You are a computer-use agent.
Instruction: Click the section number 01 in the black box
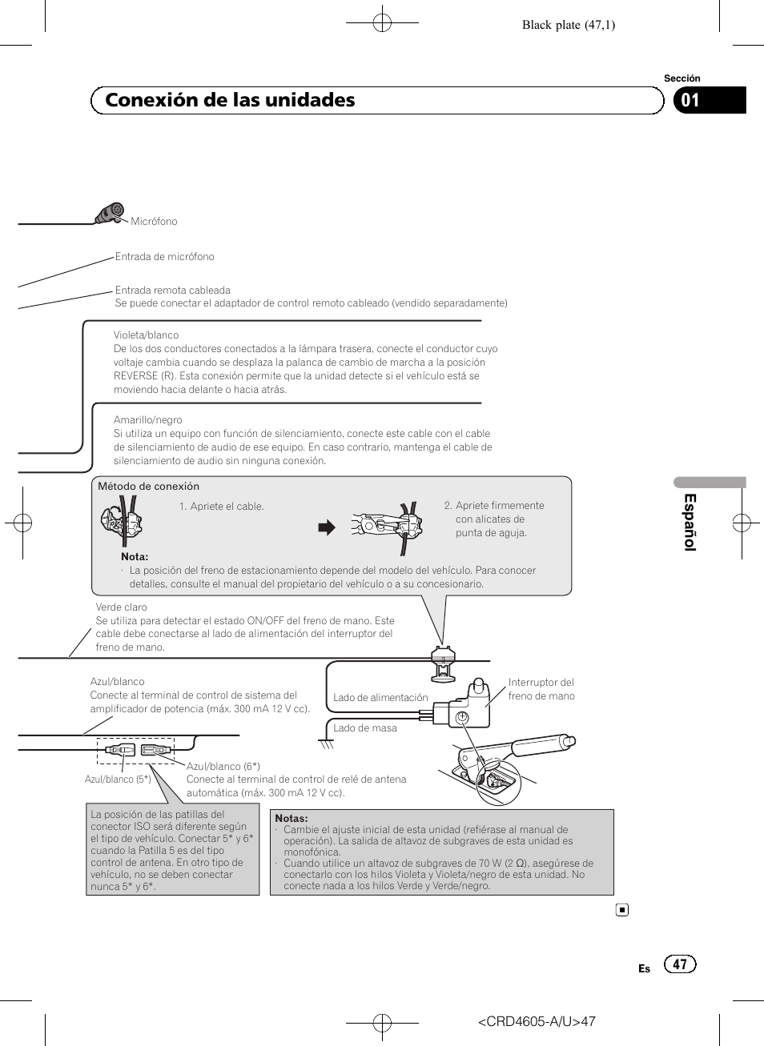pyautogui.click(x=690, y=101)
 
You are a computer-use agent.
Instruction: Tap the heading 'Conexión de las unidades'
pyautogui.click(x=230, y=100)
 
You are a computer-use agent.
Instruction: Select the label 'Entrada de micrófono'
pyautogui.click(x=164, y=257)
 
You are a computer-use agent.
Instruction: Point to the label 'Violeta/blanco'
pyautogui.click(x=146, y=335)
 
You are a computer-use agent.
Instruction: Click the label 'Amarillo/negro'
pyautogui.click(x=147, y=420)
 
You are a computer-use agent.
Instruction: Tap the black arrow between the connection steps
pyautogui.click(x=327, y=527)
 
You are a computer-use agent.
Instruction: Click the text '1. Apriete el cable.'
pyautogui.click(x=222, y=507)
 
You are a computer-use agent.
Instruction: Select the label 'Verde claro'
pyautogui.click(x=121, y=607)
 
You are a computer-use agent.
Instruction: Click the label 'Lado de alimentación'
pyautogui.click(x=380, y=698)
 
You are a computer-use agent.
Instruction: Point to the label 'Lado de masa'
pyautogui.click(x=364, y=728)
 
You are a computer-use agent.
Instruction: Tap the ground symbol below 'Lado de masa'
pyautogui.click(x=326, y=744)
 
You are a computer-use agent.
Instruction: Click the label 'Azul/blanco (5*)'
pyautogui.click(x=118, y=779)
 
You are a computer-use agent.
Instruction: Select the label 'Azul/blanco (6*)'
pyautogui.click(x=223, y=767)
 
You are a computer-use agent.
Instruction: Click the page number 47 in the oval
pyautogui.click(x=680, y=964)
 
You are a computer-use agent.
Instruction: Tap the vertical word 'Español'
pyautogui.click(x=690, y=522)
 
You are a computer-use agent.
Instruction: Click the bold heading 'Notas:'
pyautogui.click(x=291, y=819)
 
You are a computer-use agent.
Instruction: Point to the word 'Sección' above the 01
pyautogui.click(x=682, y=78)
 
